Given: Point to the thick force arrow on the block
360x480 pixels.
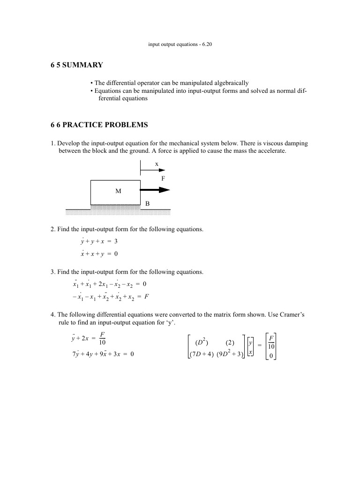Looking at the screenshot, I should coord(155,190).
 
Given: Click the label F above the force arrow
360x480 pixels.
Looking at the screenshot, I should coord(163,179).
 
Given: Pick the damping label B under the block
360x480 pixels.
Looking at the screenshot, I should coord(147,203).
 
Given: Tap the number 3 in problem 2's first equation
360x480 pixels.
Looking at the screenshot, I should coord(115,242).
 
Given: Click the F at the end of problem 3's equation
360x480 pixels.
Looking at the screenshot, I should coord(147,297).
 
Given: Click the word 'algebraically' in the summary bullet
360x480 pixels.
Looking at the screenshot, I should coord(227,82).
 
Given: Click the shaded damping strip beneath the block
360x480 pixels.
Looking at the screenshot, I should coord(115,206).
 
